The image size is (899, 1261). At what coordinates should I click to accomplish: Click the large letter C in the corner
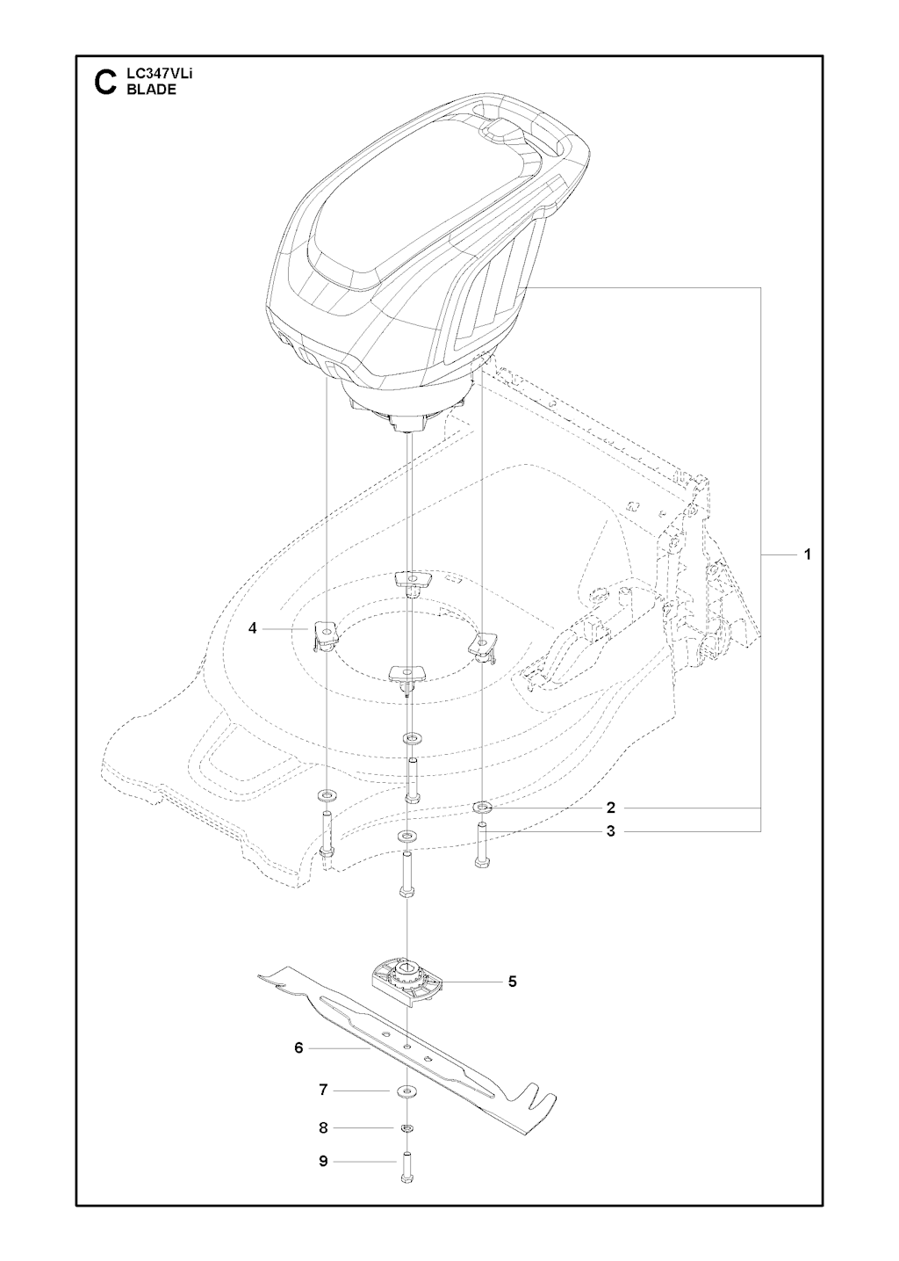pyautogui.click(x=105, y=83)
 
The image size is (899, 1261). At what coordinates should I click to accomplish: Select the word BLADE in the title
pyautogui.click(x=151, y=90)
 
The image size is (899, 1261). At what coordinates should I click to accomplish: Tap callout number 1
pyautogui.click(x=808, y=554)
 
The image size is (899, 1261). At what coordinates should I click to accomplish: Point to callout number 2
pyautogui.click(x=611, y=808)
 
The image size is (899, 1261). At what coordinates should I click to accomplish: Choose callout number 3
pyautogui.click(x=611, y=831)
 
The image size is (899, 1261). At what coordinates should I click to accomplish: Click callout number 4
pyautogui.click(x=252, y=627)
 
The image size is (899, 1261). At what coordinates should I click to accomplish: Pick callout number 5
pyautogui.click(x=512, y=982)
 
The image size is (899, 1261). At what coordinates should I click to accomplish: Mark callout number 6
pyautogui.click(x=298, y=1047)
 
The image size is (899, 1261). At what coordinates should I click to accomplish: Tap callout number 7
pyautogui.click(x=323, y=1091)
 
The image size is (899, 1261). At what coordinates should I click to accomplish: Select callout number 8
pyautogui.click(x=323, y=1127)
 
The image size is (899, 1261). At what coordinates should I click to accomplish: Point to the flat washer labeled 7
pyautogui.click(x=406, y=1091)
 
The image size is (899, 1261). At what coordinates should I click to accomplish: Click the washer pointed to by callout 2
pyautogui.click(x=483, y=808)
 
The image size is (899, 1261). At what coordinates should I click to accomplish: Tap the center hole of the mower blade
pyautogui.click(x=406, y=1047)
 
